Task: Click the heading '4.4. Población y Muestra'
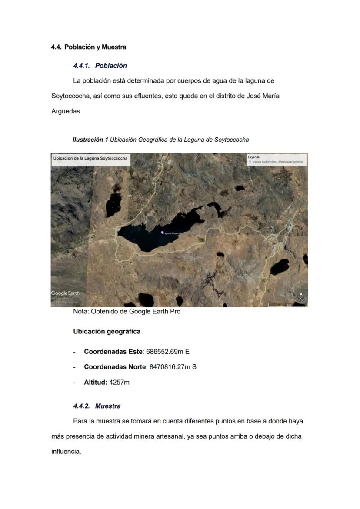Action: coord(89,47)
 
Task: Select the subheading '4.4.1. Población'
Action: coord(100,66)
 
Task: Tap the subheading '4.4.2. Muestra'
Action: coord(97,406)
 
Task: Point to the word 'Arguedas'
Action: coord(66,111)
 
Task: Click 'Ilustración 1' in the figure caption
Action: coord(90,140)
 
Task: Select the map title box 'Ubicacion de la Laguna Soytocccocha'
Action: coord(90,159)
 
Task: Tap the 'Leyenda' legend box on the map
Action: coord(276,160)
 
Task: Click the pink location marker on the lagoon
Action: coord(162,233)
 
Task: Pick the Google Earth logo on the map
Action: coord(65,293)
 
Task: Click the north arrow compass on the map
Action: coord(301,296)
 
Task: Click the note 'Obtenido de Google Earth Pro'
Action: coord(127,311)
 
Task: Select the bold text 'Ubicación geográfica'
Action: coord(107,331)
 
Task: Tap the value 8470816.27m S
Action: coord(173,367)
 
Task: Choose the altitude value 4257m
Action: coord(119,383)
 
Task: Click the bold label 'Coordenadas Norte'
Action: coord(115,367)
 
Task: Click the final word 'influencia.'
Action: coord(66,451)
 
